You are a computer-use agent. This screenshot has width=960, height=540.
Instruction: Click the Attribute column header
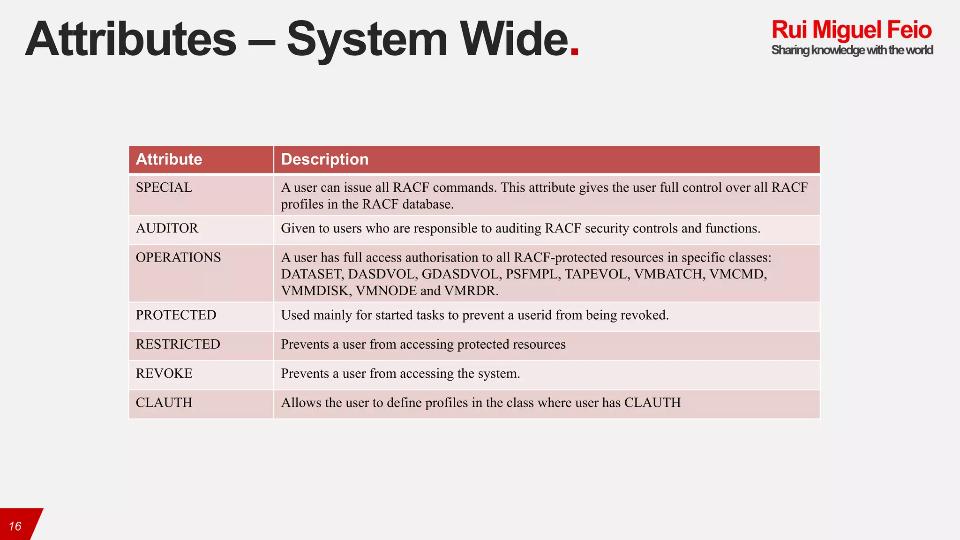169,159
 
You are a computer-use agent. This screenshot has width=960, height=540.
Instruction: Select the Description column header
324,159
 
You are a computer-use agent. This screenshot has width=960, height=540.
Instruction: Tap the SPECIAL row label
164,187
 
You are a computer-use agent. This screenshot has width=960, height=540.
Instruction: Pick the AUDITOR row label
167,228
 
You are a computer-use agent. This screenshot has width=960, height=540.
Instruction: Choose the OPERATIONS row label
178,257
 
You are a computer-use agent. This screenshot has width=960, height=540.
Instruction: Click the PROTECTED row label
176,315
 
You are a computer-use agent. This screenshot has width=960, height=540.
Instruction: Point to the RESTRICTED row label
178,344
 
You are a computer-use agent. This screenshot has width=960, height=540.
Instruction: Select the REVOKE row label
164,374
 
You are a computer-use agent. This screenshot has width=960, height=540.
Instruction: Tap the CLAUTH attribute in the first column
164,403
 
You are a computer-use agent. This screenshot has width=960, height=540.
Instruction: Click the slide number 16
15,526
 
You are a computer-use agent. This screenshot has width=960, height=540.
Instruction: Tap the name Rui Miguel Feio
851,30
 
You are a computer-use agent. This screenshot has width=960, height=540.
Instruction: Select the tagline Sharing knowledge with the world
852,50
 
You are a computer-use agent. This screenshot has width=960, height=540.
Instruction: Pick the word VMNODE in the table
386,291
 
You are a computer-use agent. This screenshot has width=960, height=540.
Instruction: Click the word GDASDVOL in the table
460,274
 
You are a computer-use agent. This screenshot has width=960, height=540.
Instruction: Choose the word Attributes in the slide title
131,40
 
